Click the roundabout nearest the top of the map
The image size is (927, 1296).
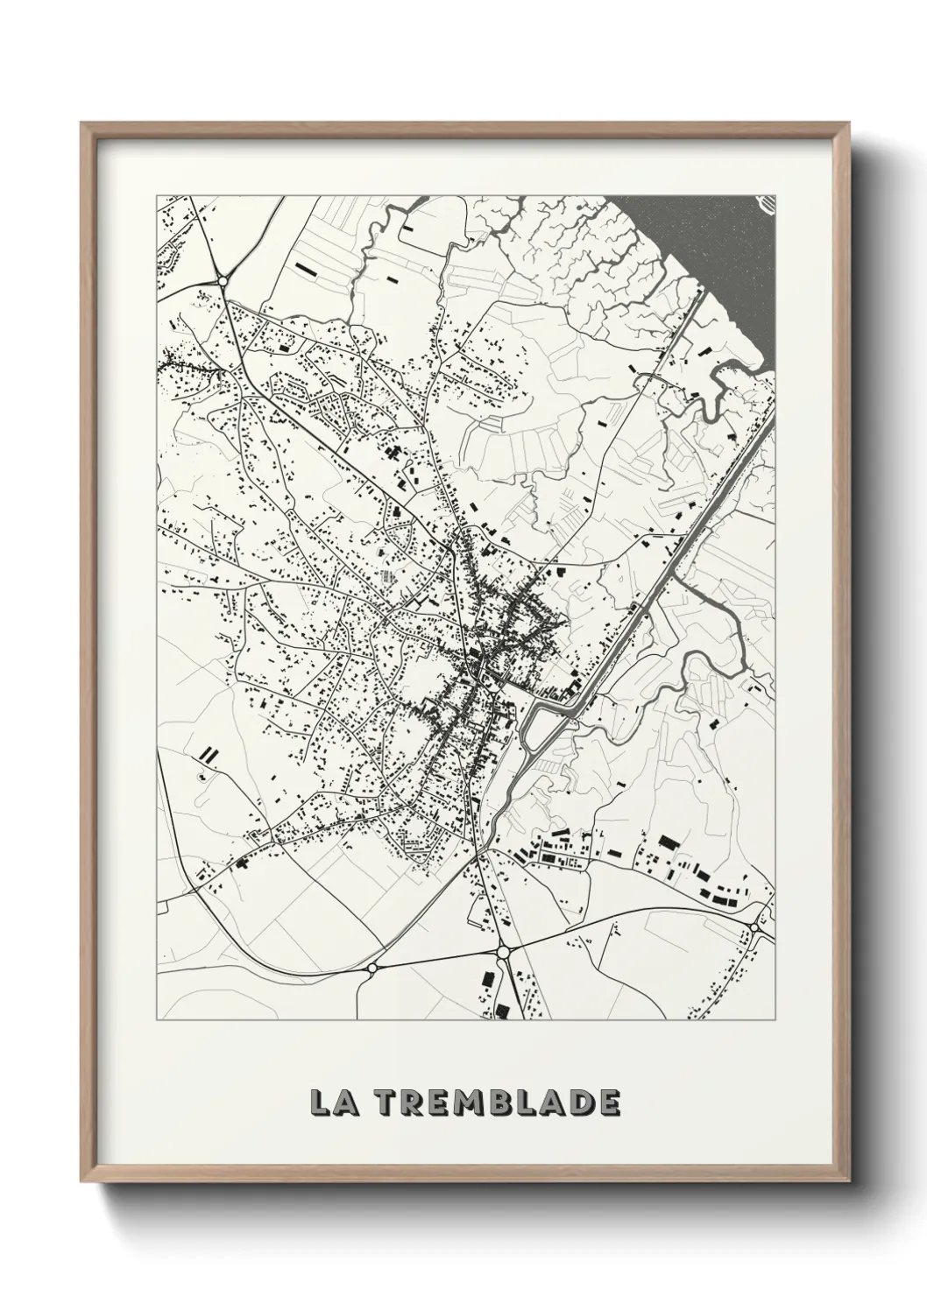point(223,280)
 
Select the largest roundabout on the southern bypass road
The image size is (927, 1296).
point(503,951)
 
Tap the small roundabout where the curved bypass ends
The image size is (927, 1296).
point(372,968)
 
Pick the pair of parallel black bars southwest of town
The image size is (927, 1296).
point(208,752)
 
